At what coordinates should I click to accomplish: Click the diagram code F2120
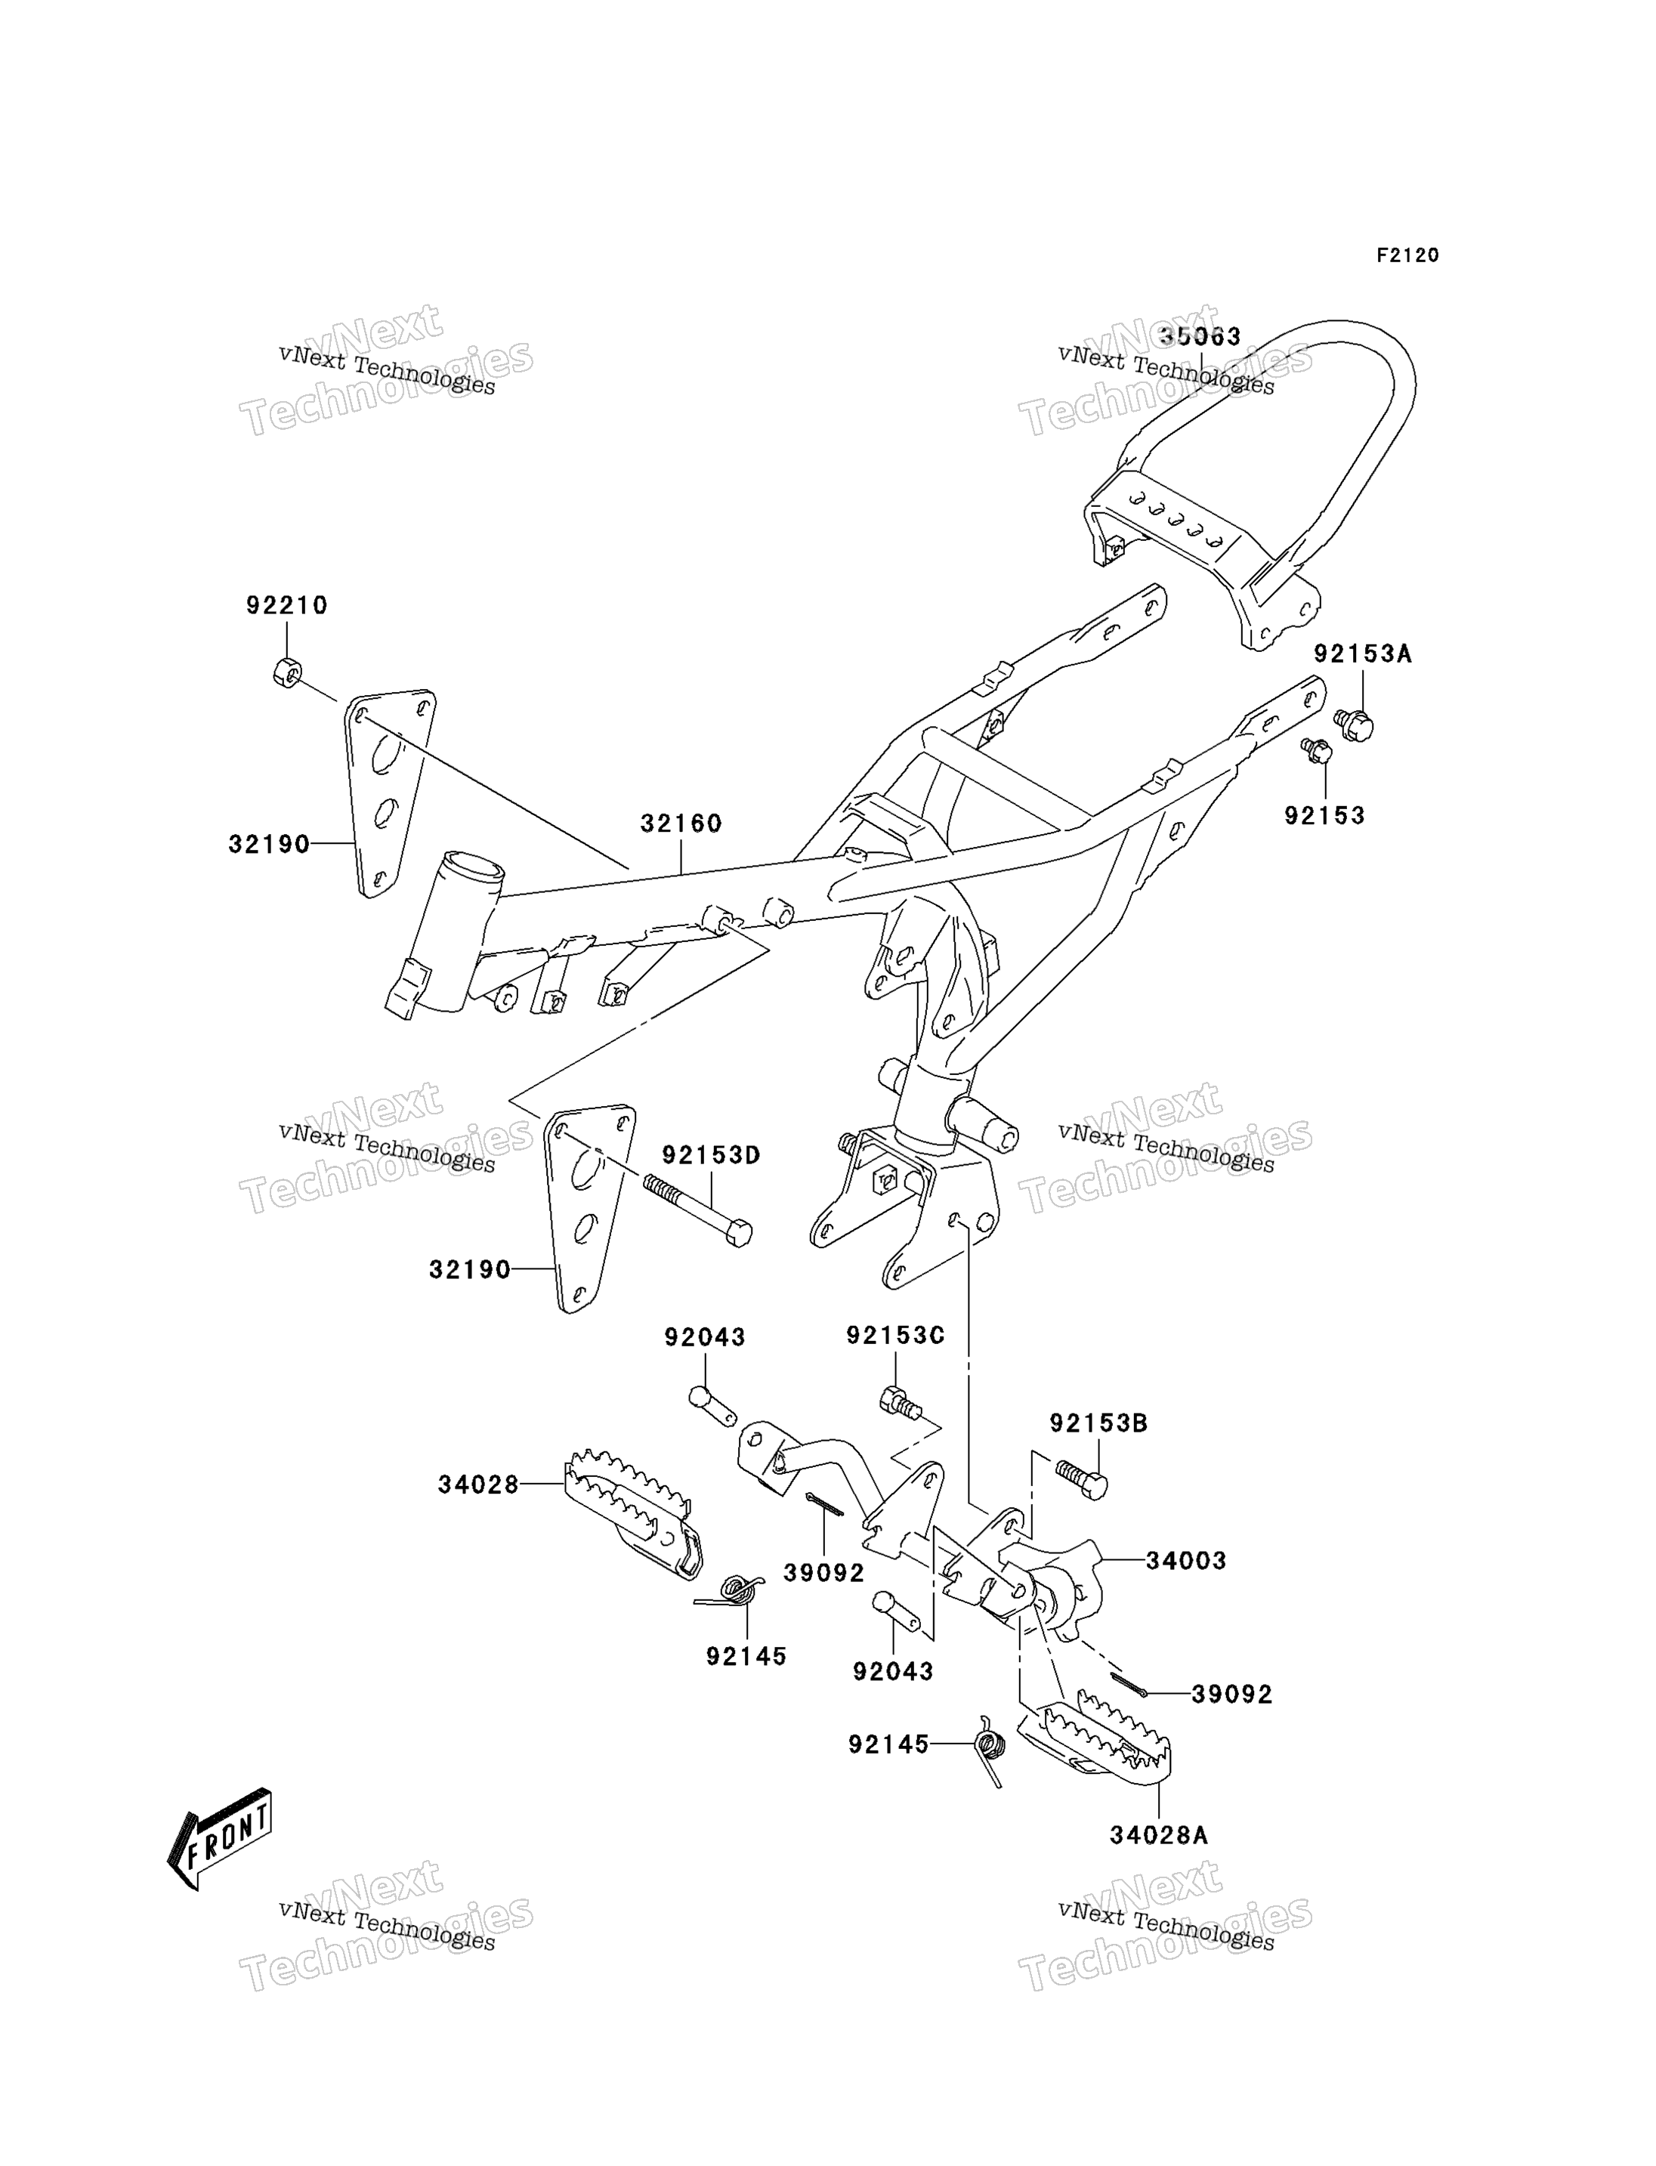[x=1407, y=255]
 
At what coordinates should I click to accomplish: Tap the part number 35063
[x=1200, y=336]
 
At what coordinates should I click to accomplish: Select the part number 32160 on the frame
[x=681, y=823]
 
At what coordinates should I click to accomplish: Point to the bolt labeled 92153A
[x=1356, y=725]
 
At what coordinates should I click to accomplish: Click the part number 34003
[x=1186, y=1561]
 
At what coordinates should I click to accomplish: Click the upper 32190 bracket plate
[x=388, y=793]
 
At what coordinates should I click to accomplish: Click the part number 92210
[x=287, y=605]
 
